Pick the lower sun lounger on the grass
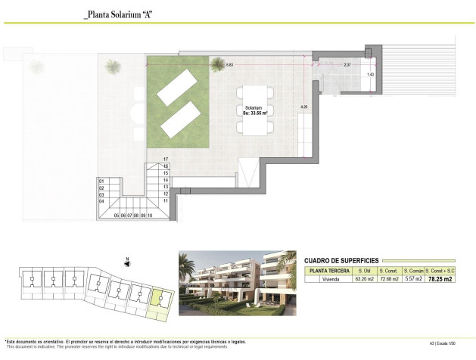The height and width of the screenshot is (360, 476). pos(180,118)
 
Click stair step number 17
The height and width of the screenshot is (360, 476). pos(165,160)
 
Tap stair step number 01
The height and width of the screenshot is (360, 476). pos(101,181)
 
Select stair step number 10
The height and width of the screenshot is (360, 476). pos(151,216)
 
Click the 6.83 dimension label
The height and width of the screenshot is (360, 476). pos(229,66)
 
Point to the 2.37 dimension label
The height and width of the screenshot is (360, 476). pos(347,65)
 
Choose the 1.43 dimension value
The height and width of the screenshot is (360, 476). pos(370,74)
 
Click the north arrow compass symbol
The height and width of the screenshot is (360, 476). pos(128,262)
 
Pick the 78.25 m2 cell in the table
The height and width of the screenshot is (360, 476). pos(440,278)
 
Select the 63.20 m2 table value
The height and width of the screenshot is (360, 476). pos(366,278)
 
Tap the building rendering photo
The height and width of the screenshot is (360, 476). pos(235,284)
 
